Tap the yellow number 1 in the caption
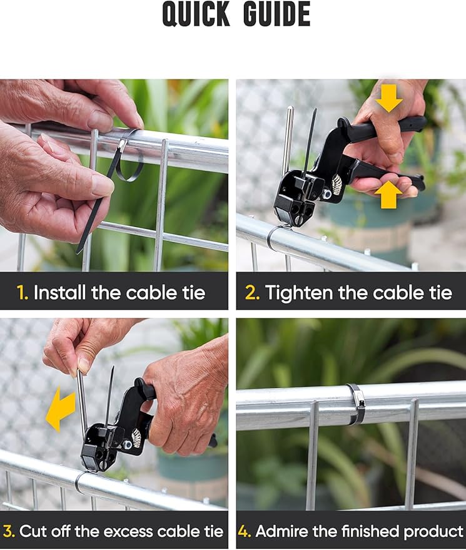pyautogui.click(x=23, y=292)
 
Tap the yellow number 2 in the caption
pyautogui.click(x=252, y=292)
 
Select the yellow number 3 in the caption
pyautogui.click(x=9, y=532)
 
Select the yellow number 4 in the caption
pyautogui.click(x=245, y=532)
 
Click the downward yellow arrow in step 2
pyautogui.click(x=389, y=98)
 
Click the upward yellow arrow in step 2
pyautogui.click(x=388, y=195)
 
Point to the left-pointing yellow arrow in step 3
pyautogui.click(x=61, y=409)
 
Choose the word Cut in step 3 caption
pyautogui.click(x=33, y=532)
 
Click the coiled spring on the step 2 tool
pyautogui.click(x=337, y=184)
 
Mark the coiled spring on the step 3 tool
pyautogui.click(x=136, y=437)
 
